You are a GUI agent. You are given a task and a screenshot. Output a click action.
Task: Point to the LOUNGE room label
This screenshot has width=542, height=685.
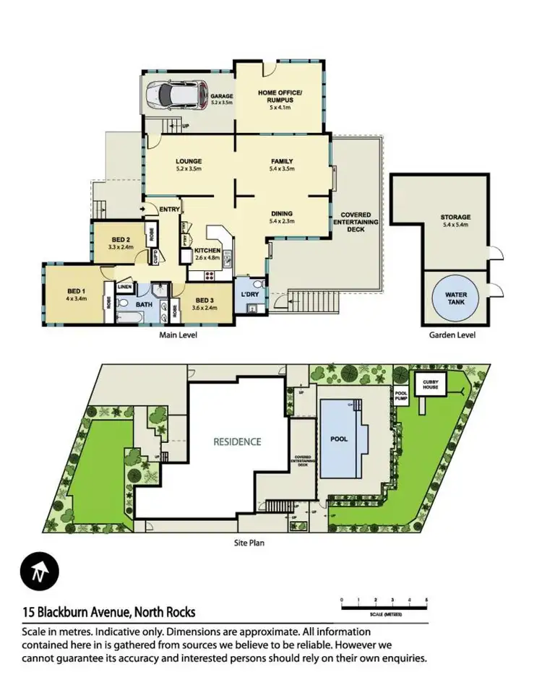click(188, 161)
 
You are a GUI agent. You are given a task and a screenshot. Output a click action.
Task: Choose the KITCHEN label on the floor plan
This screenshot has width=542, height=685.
click(207, 250)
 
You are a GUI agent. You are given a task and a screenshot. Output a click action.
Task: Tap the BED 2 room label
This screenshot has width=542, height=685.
click(121, 240)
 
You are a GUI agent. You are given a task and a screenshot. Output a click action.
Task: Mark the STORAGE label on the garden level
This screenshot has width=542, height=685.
click(455, 217)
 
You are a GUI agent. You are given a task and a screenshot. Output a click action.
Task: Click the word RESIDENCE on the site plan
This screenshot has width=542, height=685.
click(237, 441)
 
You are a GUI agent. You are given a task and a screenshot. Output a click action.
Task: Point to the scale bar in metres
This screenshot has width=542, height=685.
click(383, 601)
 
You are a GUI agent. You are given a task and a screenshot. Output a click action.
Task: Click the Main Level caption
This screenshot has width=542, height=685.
click(178, 335)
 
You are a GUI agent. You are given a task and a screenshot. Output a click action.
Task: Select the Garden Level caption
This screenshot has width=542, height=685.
click(452, 335)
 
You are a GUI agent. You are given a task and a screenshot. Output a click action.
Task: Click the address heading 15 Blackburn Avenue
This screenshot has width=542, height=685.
click(108, 612)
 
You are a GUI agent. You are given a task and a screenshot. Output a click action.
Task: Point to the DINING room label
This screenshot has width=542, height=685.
click(281, 214)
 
